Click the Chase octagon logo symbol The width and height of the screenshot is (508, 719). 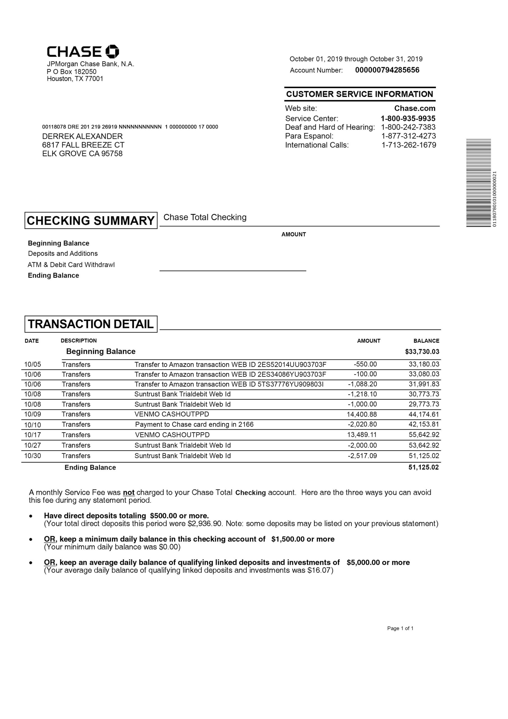click(x=112, y=51)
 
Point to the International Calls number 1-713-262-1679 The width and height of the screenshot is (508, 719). click(x=408, y=145)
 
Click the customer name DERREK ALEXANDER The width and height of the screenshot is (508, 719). click(x=82, y=136)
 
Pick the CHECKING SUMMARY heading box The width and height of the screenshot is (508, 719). click(x=91, y=220)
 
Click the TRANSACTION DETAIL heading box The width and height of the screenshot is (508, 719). click(x=91, y=324)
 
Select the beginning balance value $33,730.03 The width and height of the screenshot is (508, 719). click(x=422, y=352)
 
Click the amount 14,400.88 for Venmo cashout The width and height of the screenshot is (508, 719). click(x=361, y=414)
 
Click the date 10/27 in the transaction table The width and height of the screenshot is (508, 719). click(x=33, y=445)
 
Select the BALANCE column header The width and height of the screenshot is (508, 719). click(x=426, y=341)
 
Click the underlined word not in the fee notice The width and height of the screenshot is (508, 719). click(x=129, y=493)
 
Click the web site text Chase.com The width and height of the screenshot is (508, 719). click(x=415, y=108)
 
